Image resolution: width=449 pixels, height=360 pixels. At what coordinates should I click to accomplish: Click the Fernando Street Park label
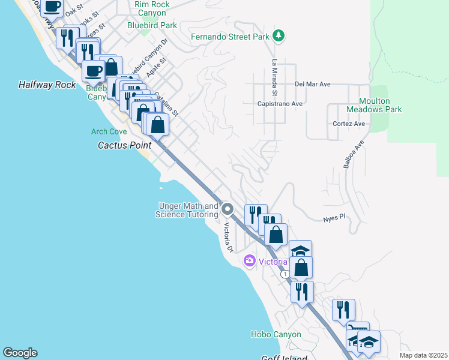[230, 37]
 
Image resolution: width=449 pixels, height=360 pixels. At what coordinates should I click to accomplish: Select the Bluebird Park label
[152, 25]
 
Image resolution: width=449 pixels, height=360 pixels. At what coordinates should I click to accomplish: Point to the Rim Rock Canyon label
[152, 8]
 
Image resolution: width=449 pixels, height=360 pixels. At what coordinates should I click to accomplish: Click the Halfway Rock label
[47, 85]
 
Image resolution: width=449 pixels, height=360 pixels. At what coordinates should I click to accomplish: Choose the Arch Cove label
[109, 131]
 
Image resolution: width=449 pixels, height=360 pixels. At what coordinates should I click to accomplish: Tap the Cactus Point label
[124, 145]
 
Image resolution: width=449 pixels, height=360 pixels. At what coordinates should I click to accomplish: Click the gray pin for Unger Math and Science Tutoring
[228, 209]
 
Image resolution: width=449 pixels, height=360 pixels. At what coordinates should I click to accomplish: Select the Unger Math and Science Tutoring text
[187, 210]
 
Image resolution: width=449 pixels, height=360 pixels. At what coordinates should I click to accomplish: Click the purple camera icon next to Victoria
[249, 261]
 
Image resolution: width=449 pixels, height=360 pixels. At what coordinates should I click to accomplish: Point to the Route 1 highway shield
[285, 274]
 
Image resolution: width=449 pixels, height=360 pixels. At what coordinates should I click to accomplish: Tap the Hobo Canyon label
[276, 334]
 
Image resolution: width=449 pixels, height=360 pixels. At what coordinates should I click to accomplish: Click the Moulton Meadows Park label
[380, 105]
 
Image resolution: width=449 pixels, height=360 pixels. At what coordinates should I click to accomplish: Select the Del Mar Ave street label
[313, 85]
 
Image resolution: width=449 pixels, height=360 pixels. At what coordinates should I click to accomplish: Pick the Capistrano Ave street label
[280, 103]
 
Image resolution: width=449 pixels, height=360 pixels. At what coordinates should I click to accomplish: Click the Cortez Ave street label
[349, 124]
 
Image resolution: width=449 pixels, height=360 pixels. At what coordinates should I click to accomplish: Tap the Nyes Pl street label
[334, 219]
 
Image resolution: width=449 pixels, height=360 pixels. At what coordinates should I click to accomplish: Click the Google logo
[20, 353]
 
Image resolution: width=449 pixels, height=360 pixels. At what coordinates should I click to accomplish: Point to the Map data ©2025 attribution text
[423, 355]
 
